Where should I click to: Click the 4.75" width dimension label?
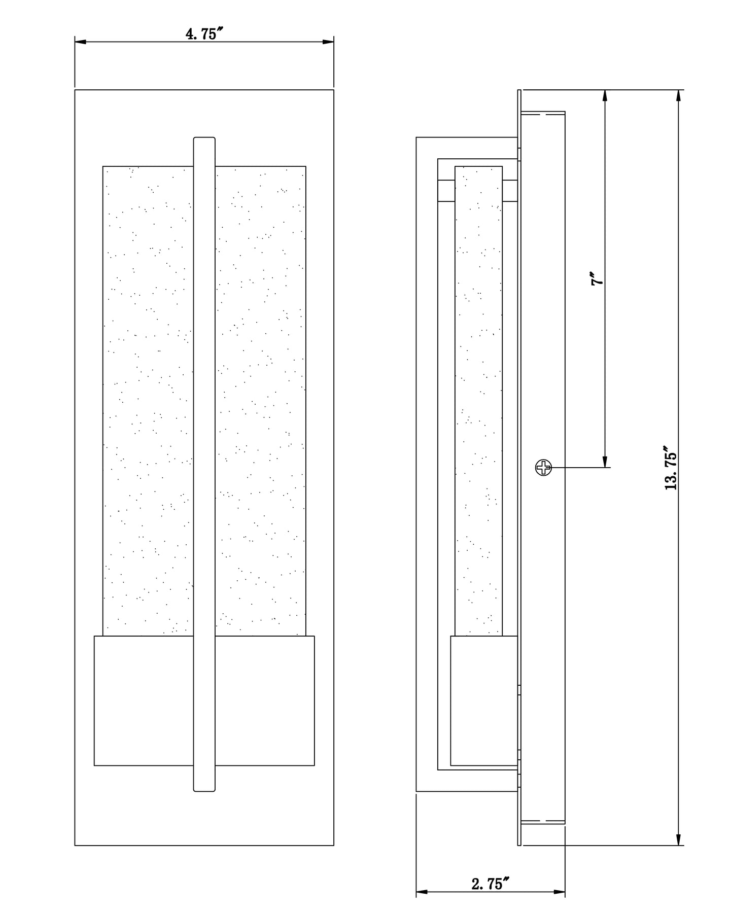coord(204,34)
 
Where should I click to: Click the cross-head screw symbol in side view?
coord(543,468)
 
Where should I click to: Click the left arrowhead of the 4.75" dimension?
coord(81,42)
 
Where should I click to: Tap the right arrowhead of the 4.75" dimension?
coord(327,42)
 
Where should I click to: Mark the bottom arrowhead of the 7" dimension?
coord(605,461)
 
